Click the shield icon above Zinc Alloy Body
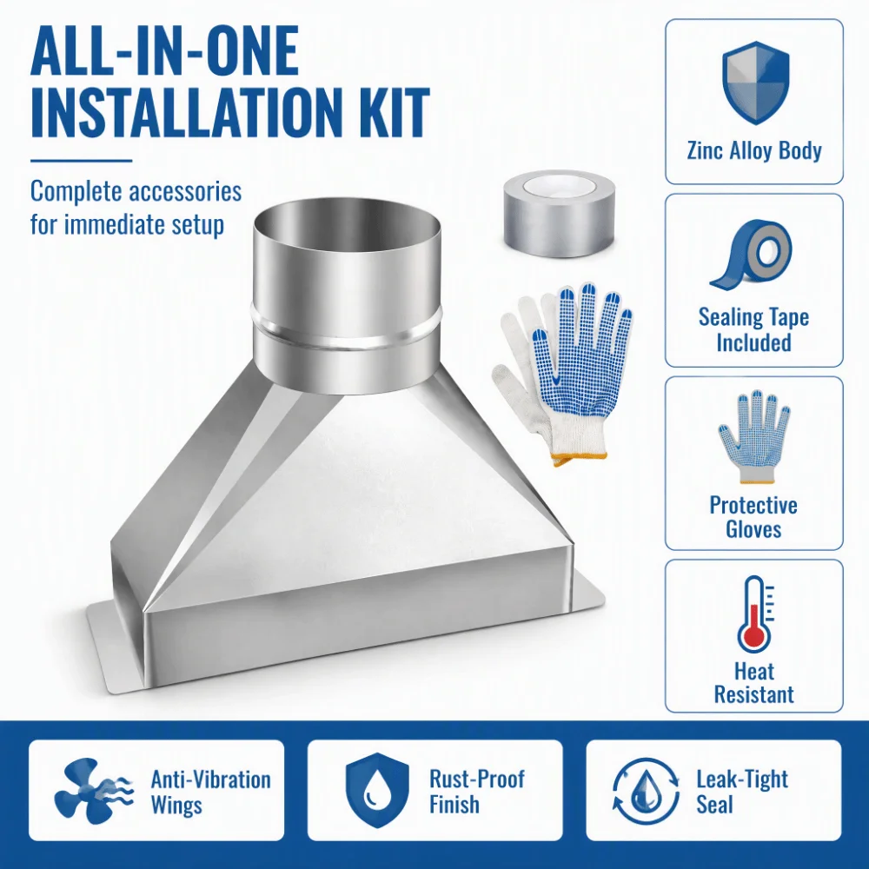click(x=755, y=82)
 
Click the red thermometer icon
click(x=756, y=614)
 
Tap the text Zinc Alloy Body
click(x=754, y=150)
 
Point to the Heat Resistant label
click(x=753, y=682)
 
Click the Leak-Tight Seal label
click(x=742, y=792)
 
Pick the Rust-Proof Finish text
click(x=476, y=792)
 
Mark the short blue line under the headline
click(x=82, y=162)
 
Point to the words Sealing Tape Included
click(x=753, y=329)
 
